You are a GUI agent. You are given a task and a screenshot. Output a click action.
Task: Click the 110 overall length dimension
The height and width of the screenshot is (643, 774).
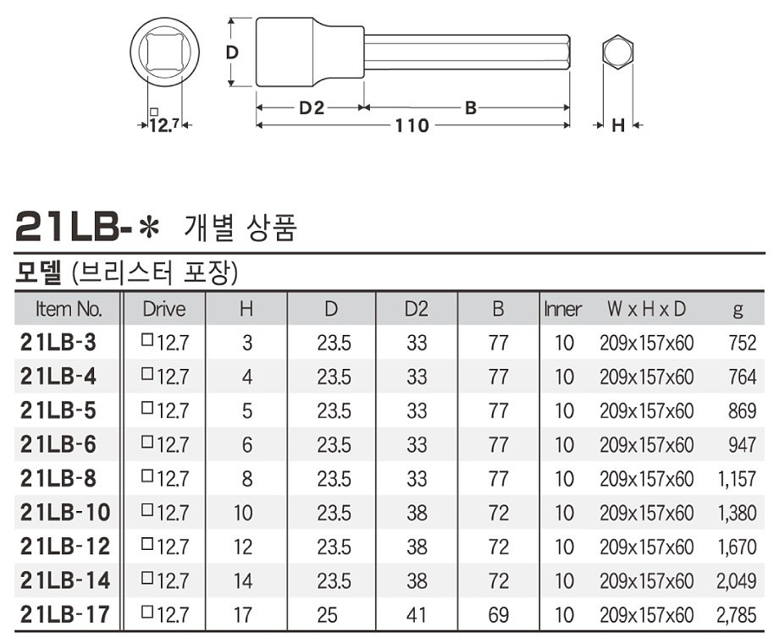pyautogui.click(x=412, y=126)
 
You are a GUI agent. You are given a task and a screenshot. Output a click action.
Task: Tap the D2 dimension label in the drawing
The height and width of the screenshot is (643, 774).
pyautogui.click(x=312, y=107)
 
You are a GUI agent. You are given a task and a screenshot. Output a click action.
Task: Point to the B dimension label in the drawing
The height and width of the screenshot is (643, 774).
pyautogui.click(x=471, y=107)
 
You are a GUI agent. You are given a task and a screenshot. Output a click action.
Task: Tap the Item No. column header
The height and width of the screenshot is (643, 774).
pyautogui.click(x=69, y=309)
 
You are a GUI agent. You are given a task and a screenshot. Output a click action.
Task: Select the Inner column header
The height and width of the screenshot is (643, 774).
pyautogui.click(x=562, y=309)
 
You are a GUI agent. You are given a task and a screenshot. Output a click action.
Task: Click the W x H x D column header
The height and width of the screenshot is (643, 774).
pyautogui.click(x=646, y=309)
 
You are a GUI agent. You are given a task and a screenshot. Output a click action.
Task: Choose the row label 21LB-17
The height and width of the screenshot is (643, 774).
pyautogui.click(x=64, y=614)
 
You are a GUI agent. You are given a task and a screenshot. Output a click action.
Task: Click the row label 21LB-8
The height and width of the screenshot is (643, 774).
pyautogui.click(x=58, y=479)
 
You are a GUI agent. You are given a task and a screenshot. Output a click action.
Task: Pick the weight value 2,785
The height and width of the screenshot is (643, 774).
pyautogui.click(x=735, y=614)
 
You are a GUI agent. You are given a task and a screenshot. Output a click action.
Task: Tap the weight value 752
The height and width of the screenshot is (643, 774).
pyautogui.click(x=742, y=343)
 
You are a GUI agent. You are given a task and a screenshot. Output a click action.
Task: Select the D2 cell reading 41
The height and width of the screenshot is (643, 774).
pyautogui.click(x=416, y=614)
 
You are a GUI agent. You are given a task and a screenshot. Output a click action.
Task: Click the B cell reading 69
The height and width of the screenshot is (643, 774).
pyautogui.click(x=498, y=614)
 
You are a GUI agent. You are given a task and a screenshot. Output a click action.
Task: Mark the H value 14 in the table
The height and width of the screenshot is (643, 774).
pyautogui.click(x=243, y=580)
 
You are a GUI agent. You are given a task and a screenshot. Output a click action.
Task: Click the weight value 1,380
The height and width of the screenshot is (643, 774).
pyautogui.click(x=735, y=513)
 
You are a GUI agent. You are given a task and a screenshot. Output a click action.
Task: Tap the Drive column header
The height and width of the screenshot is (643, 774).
pyautogui.click(x=163, y=309)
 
